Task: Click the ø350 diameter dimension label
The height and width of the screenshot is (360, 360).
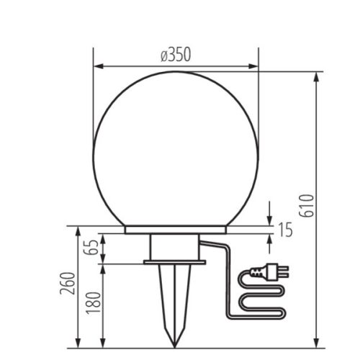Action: [x=176, y=55]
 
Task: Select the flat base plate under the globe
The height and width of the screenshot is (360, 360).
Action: [x=176, y=230]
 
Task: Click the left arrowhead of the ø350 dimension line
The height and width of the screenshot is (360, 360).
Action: [x=98, y=67]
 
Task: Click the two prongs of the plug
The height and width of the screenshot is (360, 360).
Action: [x=284, y=271]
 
